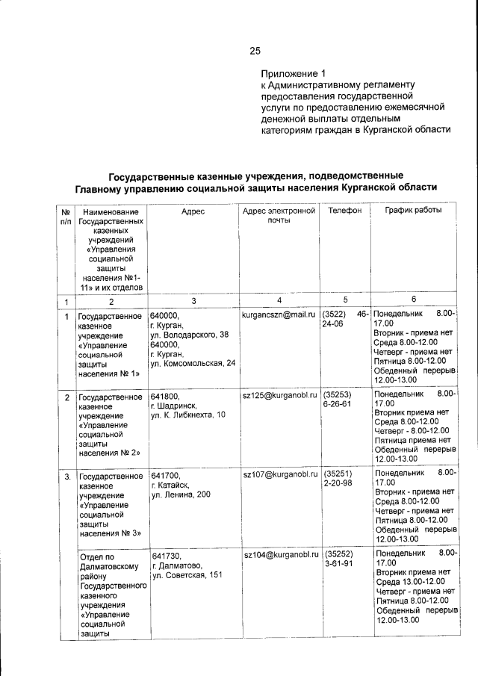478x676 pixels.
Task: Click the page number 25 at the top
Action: point(255,51)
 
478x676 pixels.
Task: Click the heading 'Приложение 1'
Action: point(294,74)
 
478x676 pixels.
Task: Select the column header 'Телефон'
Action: point(344,211)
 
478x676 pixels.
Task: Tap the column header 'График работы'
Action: point(413,211)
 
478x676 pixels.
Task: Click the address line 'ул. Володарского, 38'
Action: point(189,335)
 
